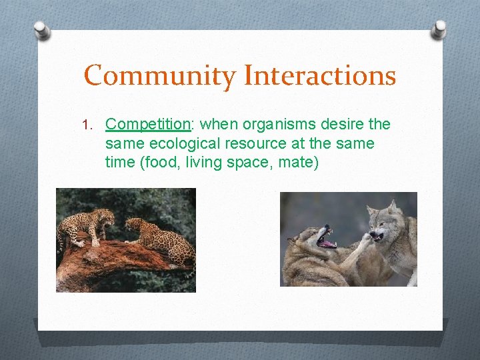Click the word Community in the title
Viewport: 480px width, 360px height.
(x=160, y=75)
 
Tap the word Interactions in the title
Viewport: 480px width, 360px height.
(x=319, y=75)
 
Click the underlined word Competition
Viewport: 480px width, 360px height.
(x=148, y=125)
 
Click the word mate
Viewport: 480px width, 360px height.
(x=297, y=162)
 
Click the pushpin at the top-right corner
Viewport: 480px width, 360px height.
(x=439, y=29)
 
